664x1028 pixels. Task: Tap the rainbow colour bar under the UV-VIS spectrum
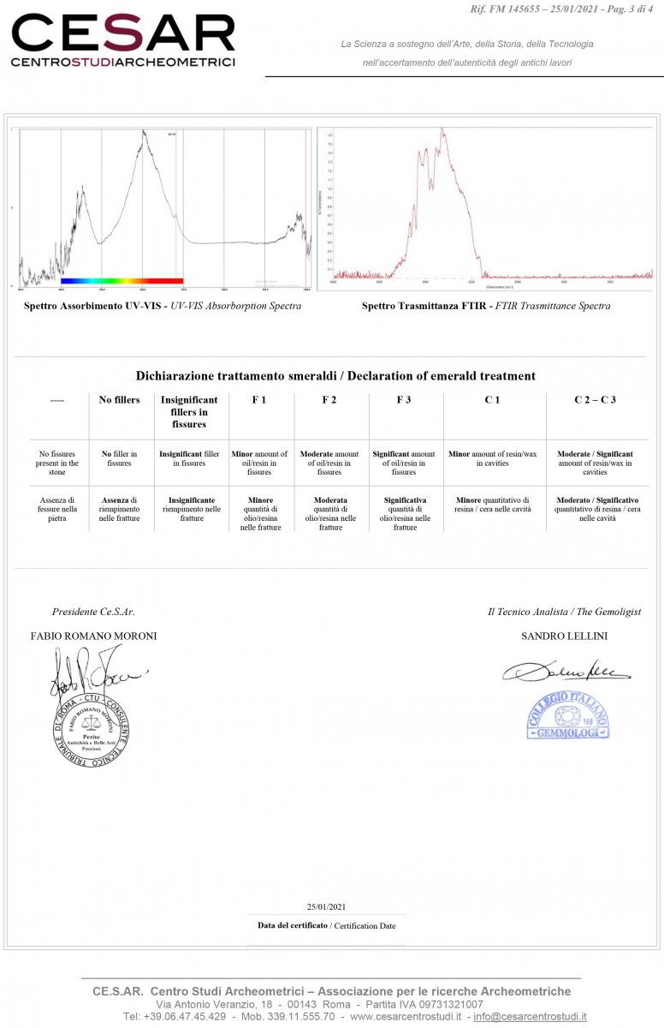pyautogui.click(x=122, y=280)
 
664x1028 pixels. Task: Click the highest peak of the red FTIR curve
pyautogui.click(x=442, y=130)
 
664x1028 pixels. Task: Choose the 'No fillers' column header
pyautogui.click(x=120, y=400)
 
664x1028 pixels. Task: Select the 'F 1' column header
pyautogui.click(x=259, y=400)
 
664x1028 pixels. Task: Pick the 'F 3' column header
pyautogui.click(x=405, y=400)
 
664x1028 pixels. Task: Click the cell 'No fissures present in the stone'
pyautogui.click(x=58, y=463)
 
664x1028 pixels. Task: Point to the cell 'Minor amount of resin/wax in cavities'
pyautogui.click(x=492, y=458)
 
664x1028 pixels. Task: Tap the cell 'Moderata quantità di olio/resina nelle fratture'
pyautogui.click(x=329, y=513)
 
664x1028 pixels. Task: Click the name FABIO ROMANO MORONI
pyautogui.click(x=93, y=636)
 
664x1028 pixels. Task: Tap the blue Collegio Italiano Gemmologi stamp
pyautogui.click(x=567, y=714)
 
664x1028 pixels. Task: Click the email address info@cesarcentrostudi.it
pyautogui.click(x=530, y=1016)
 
